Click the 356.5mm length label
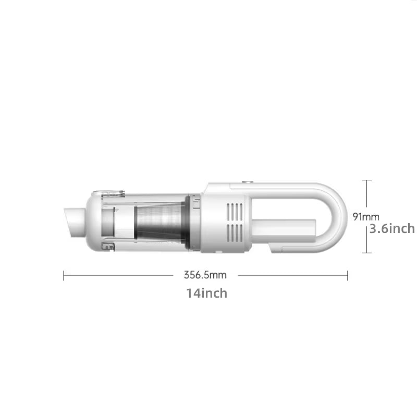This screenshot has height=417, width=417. [204, 275]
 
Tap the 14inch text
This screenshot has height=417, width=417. [206, 293]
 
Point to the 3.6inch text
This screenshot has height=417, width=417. [392, 228]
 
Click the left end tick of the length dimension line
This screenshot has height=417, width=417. [64, 275]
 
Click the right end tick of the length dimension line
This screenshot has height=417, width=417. [348, 275]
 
